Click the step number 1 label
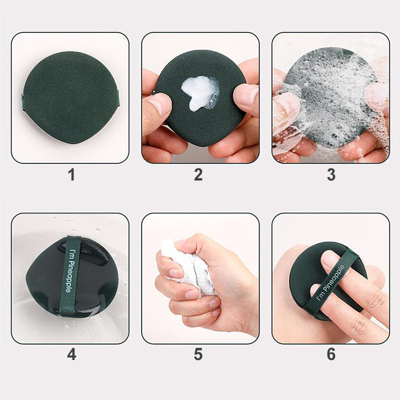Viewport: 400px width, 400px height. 71,175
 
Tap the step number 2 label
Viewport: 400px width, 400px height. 198,174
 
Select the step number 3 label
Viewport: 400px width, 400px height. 331,174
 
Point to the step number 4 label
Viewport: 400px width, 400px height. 71,354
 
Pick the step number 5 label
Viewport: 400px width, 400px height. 198,354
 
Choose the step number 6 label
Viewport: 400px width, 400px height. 331,354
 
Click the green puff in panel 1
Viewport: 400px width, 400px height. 70,97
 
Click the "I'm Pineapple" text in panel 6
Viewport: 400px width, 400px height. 330,283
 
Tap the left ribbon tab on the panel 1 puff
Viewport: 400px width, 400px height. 22,102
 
